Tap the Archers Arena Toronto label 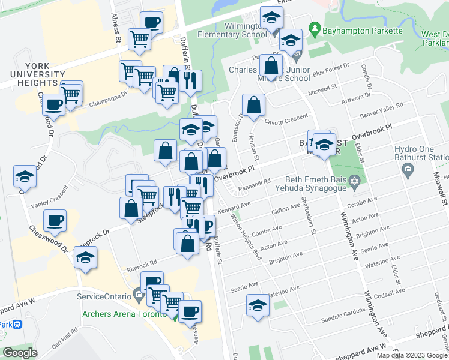coord(124,313)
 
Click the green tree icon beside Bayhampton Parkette coord(313,28)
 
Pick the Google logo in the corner coord(20,353)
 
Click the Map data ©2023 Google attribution coord(412,355)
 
